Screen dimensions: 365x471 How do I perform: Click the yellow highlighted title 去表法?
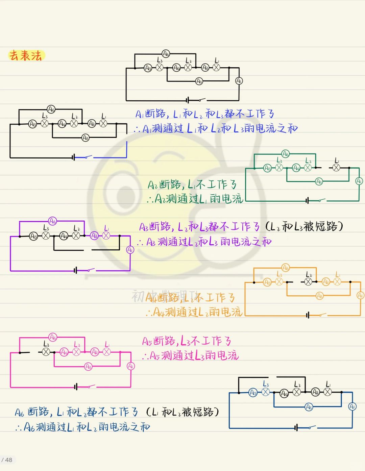(26, 55)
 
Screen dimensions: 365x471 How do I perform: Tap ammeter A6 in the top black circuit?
(166, 53)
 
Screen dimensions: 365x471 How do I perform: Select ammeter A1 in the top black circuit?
(239, 81)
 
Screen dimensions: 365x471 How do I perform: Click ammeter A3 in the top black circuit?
(199, 81)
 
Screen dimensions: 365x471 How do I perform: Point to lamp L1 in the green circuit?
(336, 168)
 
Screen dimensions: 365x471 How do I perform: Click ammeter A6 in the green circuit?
(286, 154)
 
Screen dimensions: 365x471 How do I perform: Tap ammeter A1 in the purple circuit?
(130, 250)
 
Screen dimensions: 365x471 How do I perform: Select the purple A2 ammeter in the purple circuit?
(94, 236)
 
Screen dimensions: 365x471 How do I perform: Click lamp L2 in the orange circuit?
(308, 281)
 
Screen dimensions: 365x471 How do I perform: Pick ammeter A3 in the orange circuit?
(320, 296)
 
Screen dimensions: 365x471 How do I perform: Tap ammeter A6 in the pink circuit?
(53, 337)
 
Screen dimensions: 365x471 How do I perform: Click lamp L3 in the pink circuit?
(46, 352)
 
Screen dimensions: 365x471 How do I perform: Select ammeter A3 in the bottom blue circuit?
(309, 407)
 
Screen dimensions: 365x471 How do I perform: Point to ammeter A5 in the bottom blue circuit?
(253, 393)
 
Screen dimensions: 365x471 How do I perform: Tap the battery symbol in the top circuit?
(188, 100)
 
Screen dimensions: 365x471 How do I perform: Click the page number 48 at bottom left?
(8, 460)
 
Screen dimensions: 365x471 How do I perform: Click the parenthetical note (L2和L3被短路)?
(304, 226)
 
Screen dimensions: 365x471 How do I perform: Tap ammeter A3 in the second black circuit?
(86, 138)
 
